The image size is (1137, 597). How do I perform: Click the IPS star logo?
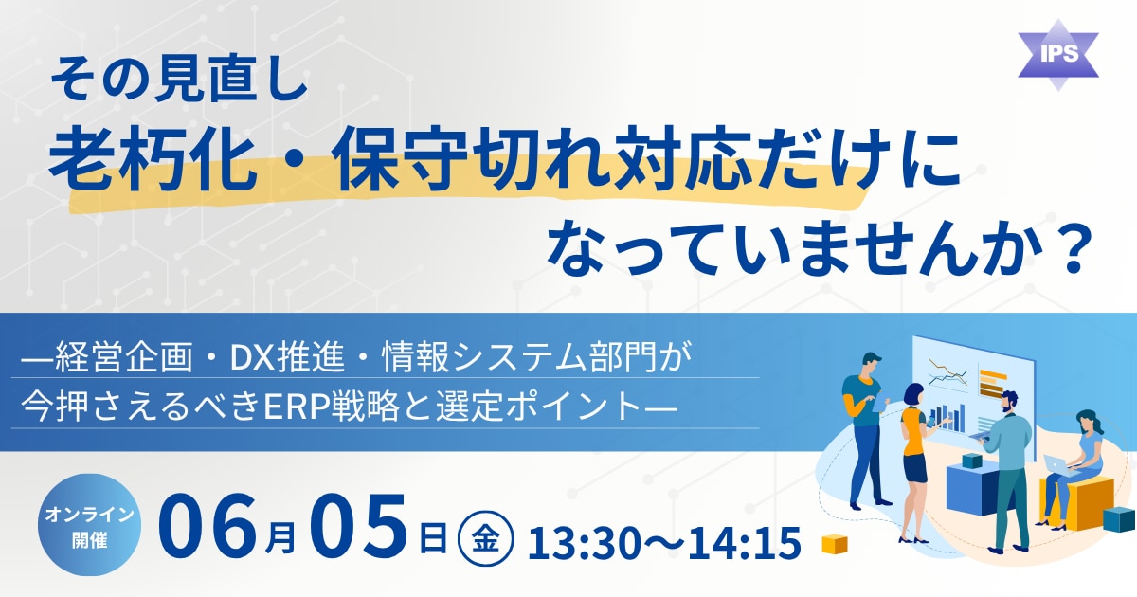(x=1058, y=55)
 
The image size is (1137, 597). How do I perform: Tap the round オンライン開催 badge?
(x=89, y=524)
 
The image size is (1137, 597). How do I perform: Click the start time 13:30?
(x=582, y=543)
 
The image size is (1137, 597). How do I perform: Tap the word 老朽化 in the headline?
(x=152, y=160)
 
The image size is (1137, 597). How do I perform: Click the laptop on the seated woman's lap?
(x=1060, y=464)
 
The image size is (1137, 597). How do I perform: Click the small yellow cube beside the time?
(x=835, y=544)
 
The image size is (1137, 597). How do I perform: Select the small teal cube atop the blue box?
(x=972, y=461)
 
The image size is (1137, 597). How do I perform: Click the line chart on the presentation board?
(x=947, y=373)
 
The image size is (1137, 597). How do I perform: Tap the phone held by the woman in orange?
(x=930, y=421)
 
